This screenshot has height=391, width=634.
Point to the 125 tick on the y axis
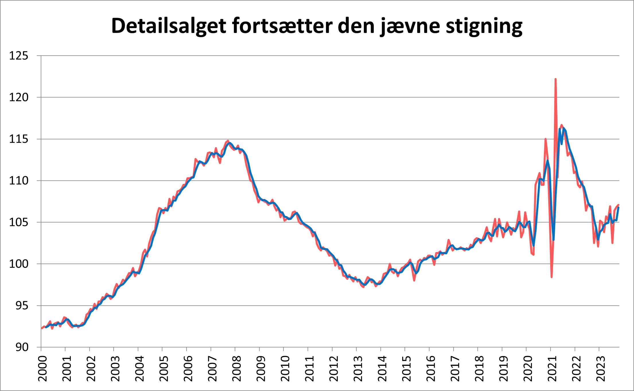pos(19,56)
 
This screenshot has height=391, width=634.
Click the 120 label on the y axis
pos(19,97)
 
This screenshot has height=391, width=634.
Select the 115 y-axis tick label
pos(19,139)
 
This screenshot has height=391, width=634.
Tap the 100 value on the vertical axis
pos(19,264)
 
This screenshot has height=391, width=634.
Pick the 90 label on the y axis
pos(22,347)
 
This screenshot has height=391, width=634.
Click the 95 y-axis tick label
pos(22,306)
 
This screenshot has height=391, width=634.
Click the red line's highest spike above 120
pos(556,79)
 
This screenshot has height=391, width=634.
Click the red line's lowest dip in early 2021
pos(551,277)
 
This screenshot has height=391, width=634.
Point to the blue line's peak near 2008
pos(230,143)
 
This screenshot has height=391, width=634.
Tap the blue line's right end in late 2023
pos(619,207)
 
